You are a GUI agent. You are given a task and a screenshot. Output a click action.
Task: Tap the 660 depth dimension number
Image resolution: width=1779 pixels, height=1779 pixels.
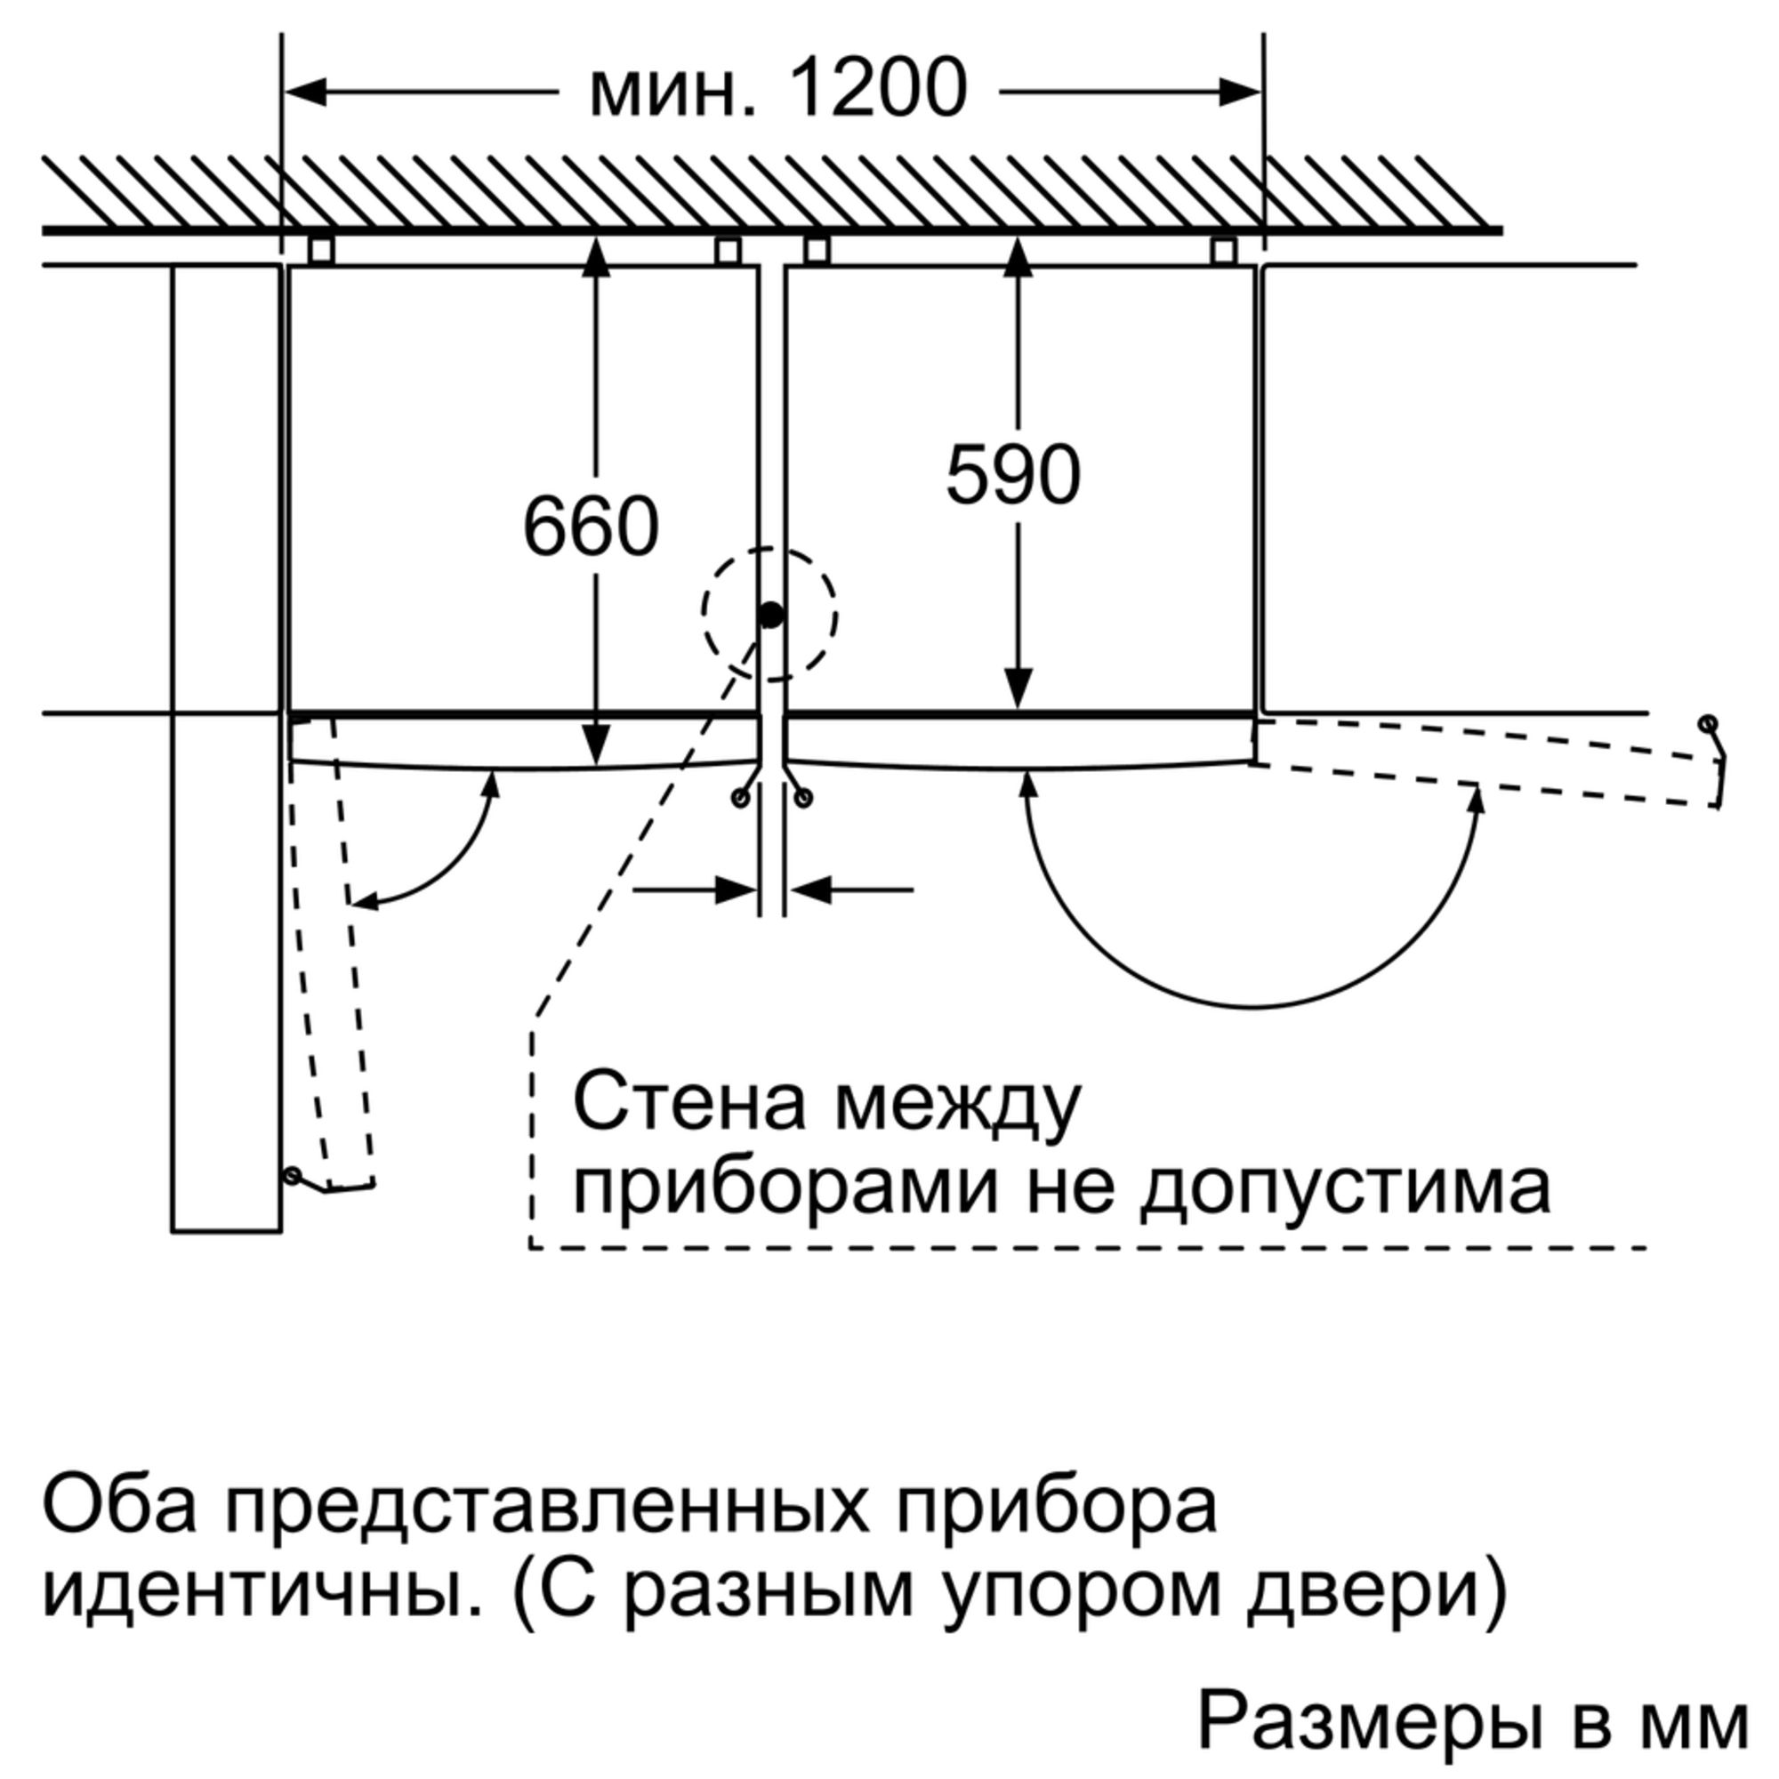591,527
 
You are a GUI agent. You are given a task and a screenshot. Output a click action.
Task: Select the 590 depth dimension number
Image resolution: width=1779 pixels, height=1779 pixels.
1013,475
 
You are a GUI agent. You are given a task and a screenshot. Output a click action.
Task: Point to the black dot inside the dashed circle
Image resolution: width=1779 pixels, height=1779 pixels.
770,616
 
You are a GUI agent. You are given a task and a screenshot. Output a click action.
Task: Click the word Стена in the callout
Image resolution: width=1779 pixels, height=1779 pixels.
689,1103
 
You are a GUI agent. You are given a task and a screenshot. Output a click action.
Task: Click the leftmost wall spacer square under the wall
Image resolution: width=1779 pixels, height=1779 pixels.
320,251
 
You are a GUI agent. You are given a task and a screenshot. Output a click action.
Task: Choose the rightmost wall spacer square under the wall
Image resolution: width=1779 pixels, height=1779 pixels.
1223,251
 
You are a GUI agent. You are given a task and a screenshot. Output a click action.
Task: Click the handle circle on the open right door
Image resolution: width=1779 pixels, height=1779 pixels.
1707,723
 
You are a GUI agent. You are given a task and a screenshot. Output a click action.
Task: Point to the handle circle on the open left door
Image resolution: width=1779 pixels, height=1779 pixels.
293,1176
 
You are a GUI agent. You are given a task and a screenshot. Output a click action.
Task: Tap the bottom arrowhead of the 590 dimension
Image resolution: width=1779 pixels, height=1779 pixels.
1018,689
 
